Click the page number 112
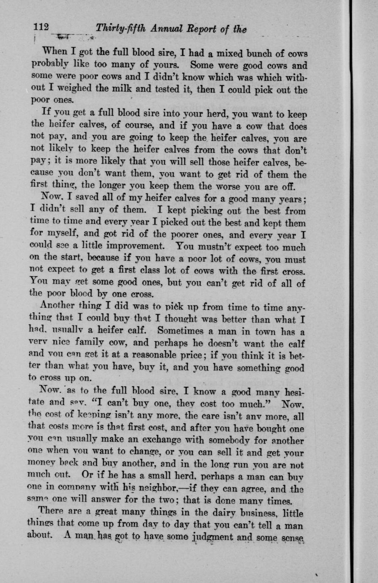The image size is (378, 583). point(42,27)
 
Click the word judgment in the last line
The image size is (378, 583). point(218,539)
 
